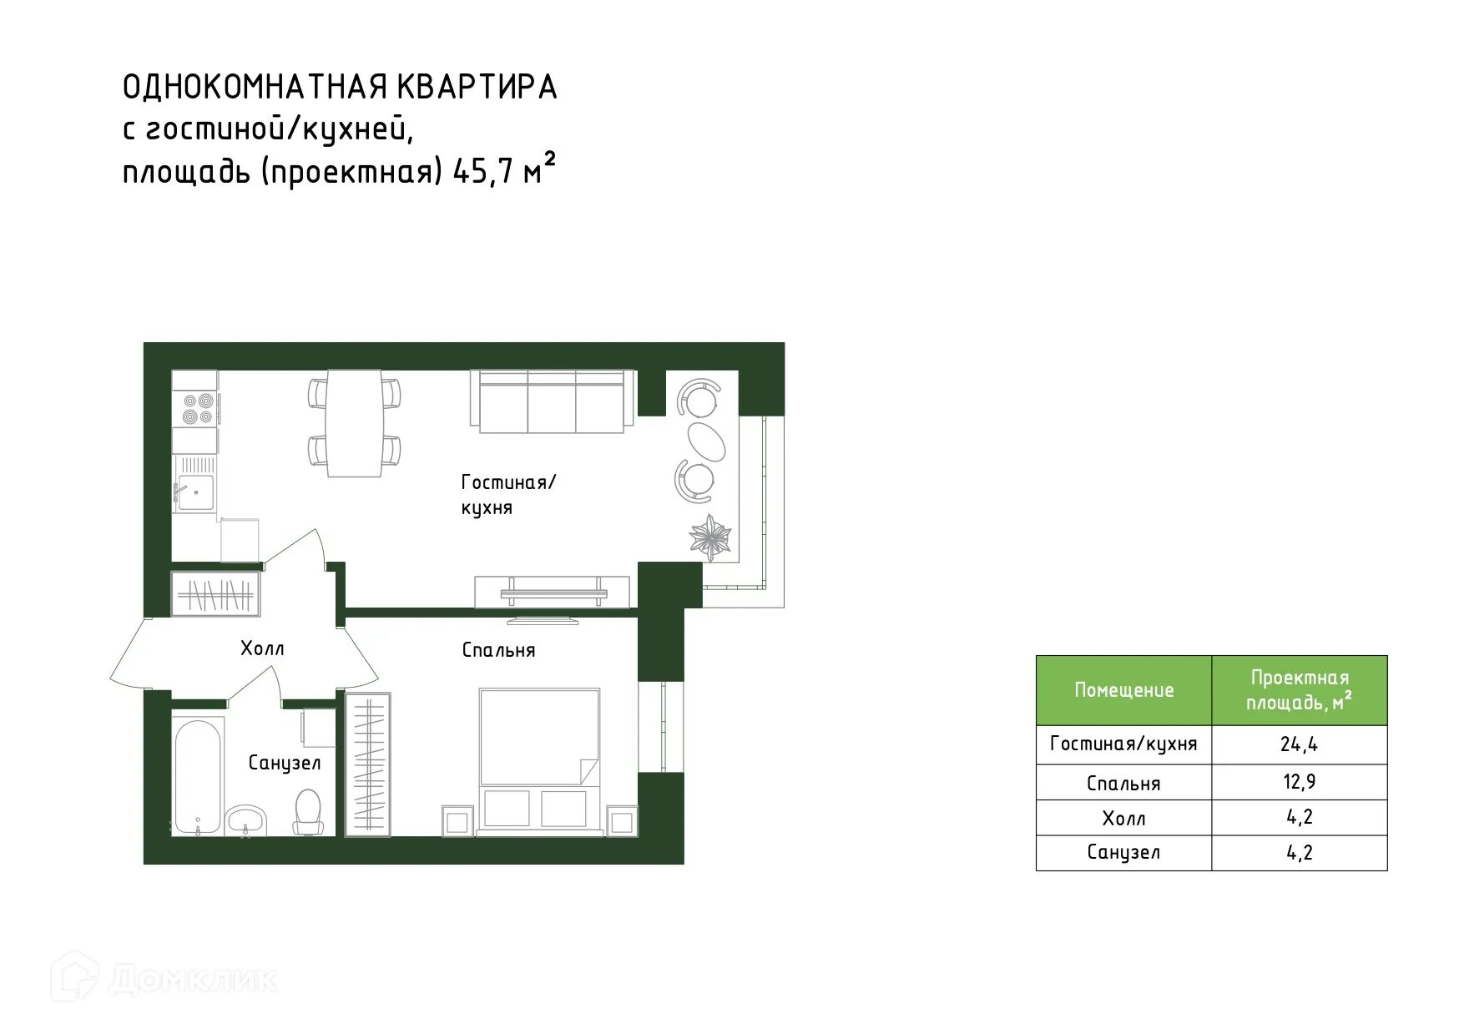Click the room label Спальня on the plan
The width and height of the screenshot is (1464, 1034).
498,650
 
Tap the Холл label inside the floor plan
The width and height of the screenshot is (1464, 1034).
262,648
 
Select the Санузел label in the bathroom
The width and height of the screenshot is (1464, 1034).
285,763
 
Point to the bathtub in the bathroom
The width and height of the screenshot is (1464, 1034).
198,774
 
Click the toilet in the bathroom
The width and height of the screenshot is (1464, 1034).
308,811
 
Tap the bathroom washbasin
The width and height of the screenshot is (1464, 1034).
246,820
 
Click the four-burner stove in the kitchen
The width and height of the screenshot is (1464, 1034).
195,409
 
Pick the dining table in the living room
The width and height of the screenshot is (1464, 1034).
354,423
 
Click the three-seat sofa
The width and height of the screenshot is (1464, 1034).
552,401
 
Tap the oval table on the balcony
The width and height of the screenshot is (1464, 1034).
706,440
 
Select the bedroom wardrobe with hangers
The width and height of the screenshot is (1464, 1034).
367,764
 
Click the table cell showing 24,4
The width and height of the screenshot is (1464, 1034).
1299,744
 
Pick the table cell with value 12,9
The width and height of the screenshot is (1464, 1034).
1299,783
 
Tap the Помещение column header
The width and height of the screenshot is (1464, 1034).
1123,690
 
